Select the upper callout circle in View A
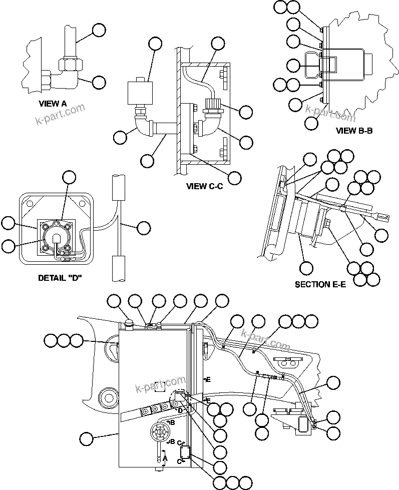pos(99,30)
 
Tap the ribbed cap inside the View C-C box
pos(212,106)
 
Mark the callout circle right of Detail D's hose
pos(144,228)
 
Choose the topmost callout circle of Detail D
pos(69,177)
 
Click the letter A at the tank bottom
pos(165,457)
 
